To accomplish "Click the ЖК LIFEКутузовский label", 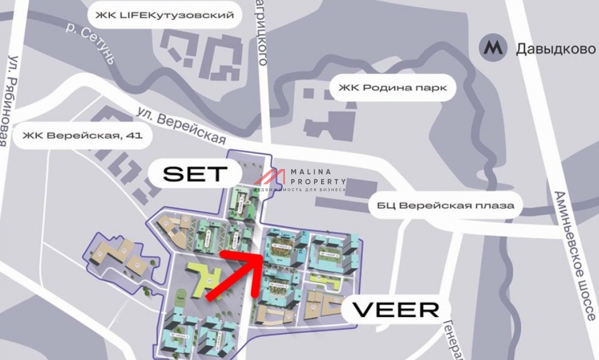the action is (163, 15).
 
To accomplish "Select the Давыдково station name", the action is (556, 49).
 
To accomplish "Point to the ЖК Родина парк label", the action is (392, 88).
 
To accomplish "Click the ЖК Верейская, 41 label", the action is (82, 136).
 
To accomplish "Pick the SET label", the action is (194, 174).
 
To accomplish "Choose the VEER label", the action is (395, 309).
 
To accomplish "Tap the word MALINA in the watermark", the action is (311, 172).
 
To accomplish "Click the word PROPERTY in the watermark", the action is (318, 181).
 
